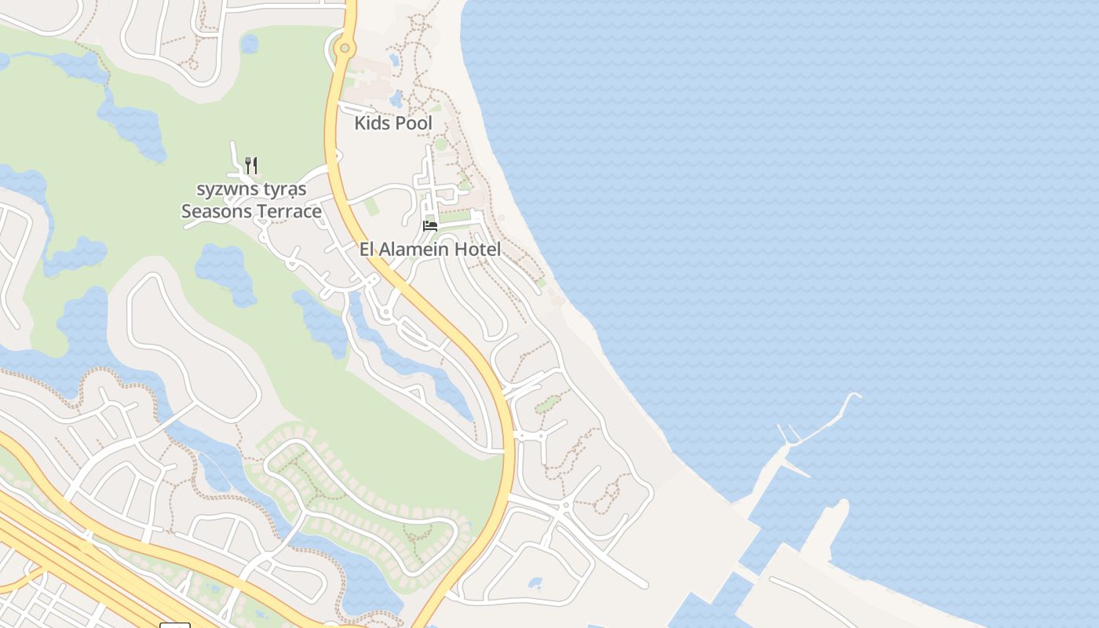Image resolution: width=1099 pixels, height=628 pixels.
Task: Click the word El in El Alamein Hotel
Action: [x=367, y=250]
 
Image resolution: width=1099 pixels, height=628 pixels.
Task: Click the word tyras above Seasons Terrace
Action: [x=286, y=189]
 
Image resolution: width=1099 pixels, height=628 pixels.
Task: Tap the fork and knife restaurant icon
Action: [x=251, y=165]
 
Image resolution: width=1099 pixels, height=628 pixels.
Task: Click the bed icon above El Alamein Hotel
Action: [x=429, y=226]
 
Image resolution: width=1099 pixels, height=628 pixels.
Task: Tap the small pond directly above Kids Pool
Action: [x=396, y=99]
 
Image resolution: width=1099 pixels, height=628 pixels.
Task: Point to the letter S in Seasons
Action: [x=187, y=211]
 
